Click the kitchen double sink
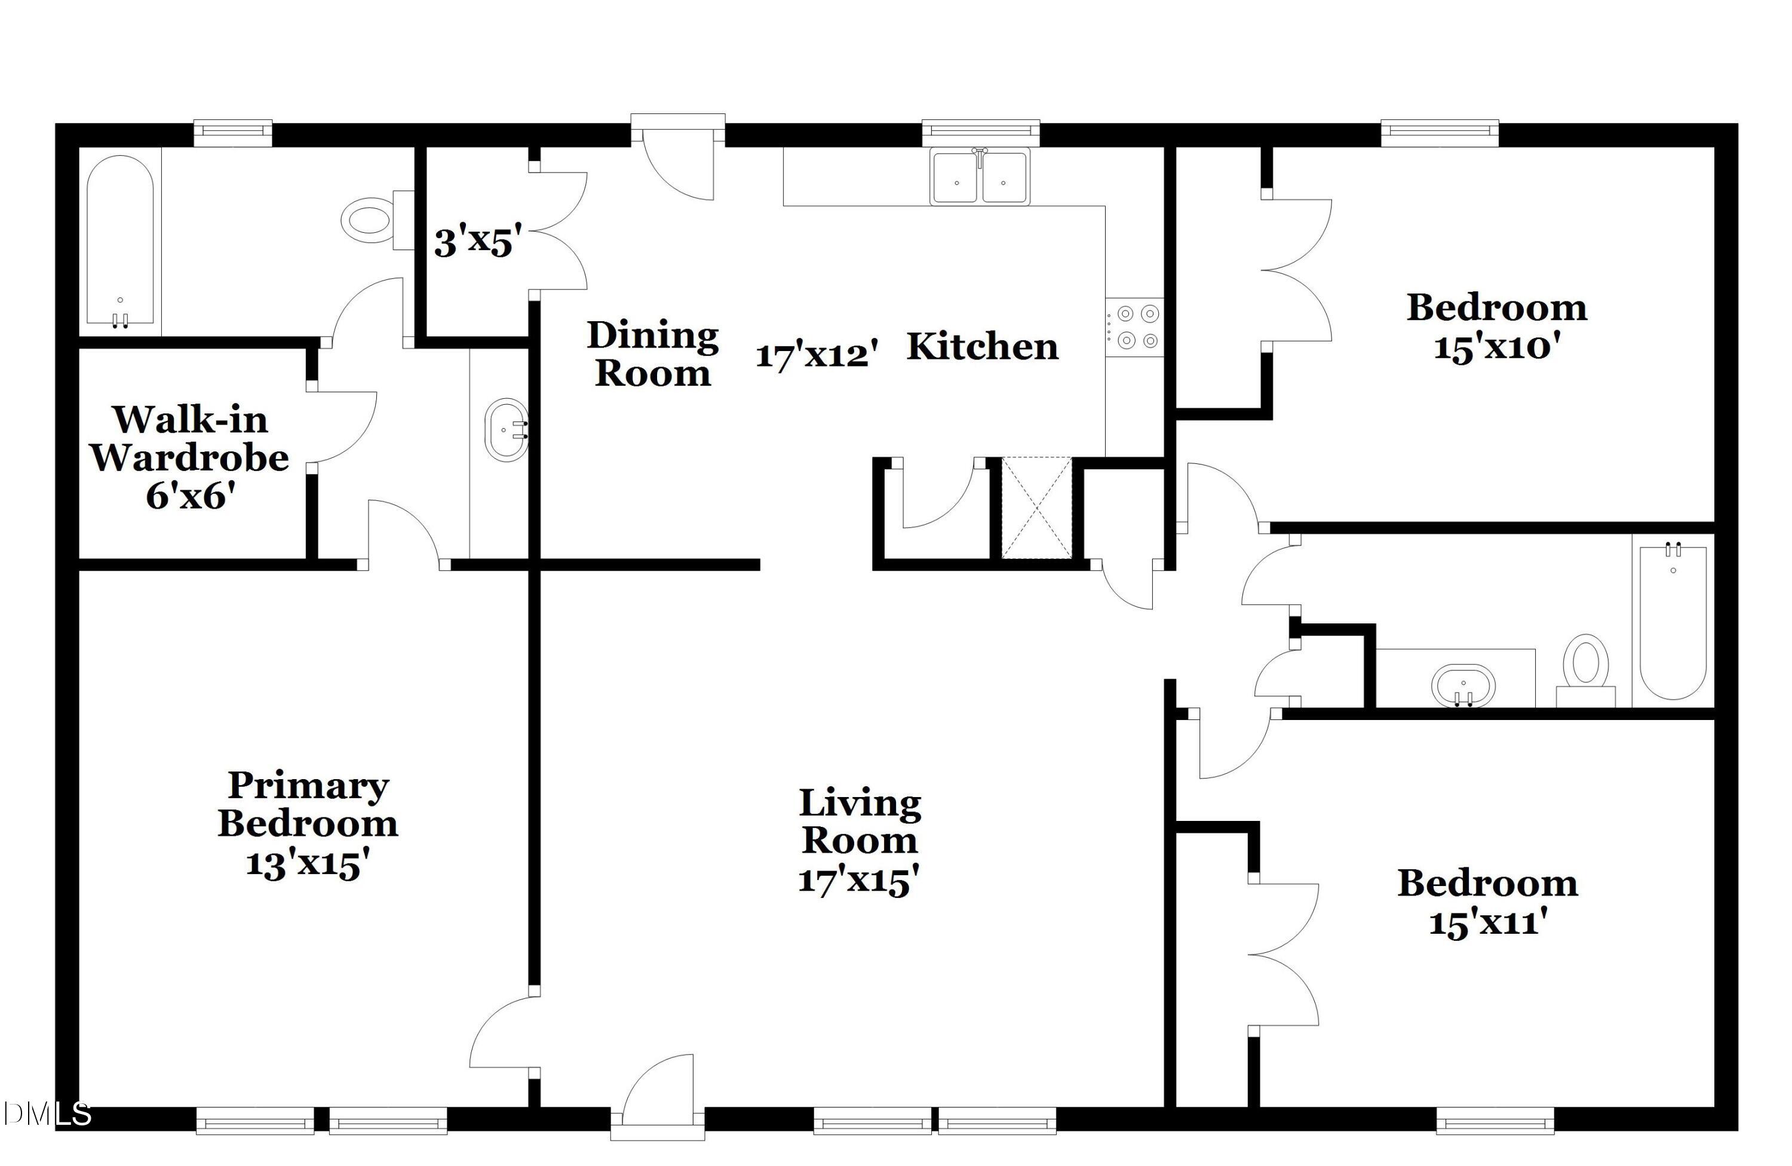(x=980, y=177)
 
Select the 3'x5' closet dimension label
(x=477, y=242)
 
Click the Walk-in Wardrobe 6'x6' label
(x=190, y=457)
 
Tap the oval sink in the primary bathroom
(x=506, y=430)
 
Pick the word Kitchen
(x=983, y=347)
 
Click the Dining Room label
(x=652, y=354)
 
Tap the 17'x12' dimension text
(x=817, y=354)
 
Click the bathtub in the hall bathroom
(x=1673, y=621)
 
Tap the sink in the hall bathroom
(x=1463, y=685)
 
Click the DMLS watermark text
(x=47, y=1114)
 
